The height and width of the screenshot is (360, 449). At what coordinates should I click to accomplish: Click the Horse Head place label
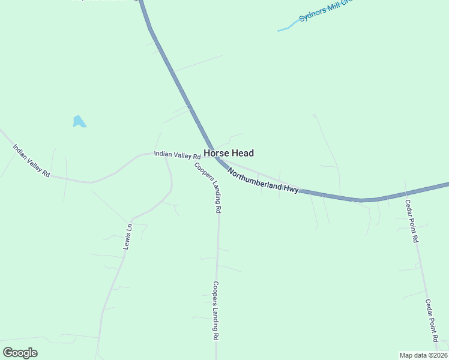(x=228, y=153)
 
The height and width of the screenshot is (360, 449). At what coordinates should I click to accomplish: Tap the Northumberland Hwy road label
(x=263, y=180)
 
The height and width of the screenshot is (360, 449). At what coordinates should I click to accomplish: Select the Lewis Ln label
(x=127, y=236)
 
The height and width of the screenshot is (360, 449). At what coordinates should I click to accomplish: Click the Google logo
(x=20, y=352)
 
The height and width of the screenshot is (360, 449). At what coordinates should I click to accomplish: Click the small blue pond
(x=79, y=122)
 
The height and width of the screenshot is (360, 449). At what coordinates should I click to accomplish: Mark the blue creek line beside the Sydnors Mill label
(x=288, y=27)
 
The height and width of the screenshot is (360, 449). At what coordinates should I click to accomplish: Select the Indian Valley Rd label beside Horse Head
(x=176, y=155)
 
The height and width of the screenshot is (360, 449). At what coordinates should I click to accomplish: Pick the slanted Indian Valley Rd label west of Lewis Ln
(x=31, y=160)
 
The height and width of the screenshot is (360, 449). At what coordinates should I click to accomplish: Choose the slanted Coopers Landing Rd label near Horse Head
(x=208, y=187)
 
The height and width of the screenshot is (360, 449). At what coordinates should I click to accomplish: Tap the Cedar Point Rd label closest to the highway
(x=411, y=221)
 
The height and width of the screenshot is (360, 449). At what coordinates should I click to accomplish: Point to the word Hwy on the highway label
(x=291, y=189)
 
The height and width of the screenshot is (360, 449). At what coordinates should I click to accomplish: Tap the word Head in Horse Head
(x=243, y=153)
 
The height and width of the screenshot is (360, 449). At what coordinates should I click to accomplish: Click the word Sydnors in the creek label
(x=311, y=13)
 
